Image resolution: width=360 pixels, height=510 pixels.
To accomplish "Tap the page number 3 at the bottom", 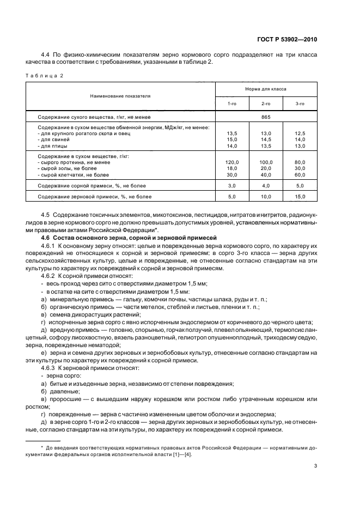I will coord(315,466).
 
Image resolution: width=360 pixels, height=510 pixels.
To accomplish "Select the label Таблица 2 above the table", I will coord(45,75).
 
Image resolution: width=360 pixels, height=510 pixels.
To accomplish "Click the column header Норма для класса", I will coord(266,88).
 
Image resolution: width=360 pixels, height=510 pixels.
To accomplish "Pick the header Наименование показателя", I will coord(121,95).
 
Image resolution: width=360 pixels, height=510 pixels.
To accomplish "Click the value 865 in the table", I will coord(266,117).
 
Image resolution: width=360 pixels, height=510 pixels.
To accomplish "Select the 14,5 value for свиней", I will coord(266,139).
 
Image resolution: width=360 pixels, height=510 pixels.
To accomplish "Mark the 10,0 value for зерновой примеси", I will coord(266,196).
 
